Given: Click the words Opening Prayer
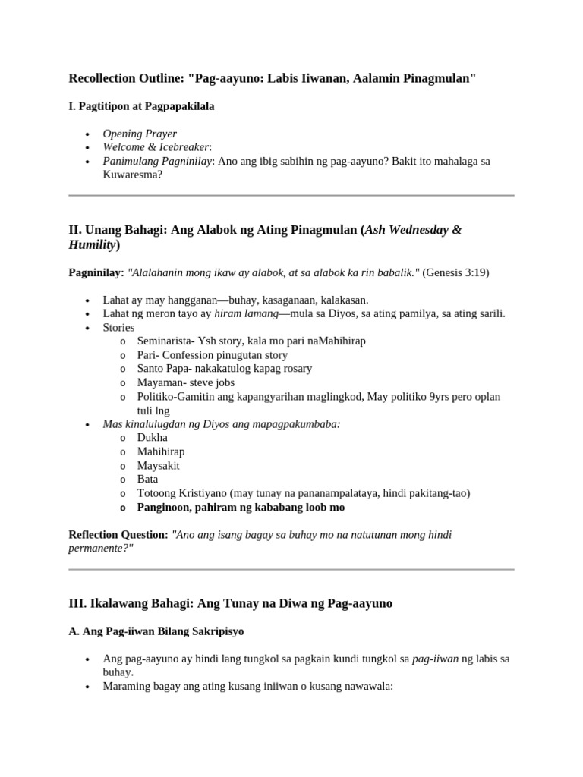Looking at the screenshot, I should [140, 134].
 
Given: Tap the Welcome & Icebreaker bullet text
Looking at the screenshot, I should [157, 147].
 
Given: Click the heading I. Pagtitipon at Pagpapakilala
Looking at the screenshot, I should [141, 106].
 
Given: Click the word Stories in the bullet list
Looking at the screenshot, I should [119, 327].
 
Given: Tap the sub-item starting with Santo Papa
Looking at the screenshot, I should [225, 368].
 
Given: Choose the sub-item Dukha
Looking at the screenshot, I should [153, 437].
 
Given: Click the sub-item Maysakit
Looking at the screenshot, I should [159, 465].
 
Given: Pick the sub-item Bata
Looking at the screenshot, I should [148, 479].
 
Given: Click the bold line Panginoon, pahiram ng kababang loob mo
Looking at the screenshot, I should [241, 507].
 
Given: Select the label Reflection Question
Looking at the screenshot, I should [118, 535].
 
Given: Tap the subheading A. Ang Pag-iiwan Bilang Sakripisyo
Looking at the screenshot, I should [156, 631].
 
